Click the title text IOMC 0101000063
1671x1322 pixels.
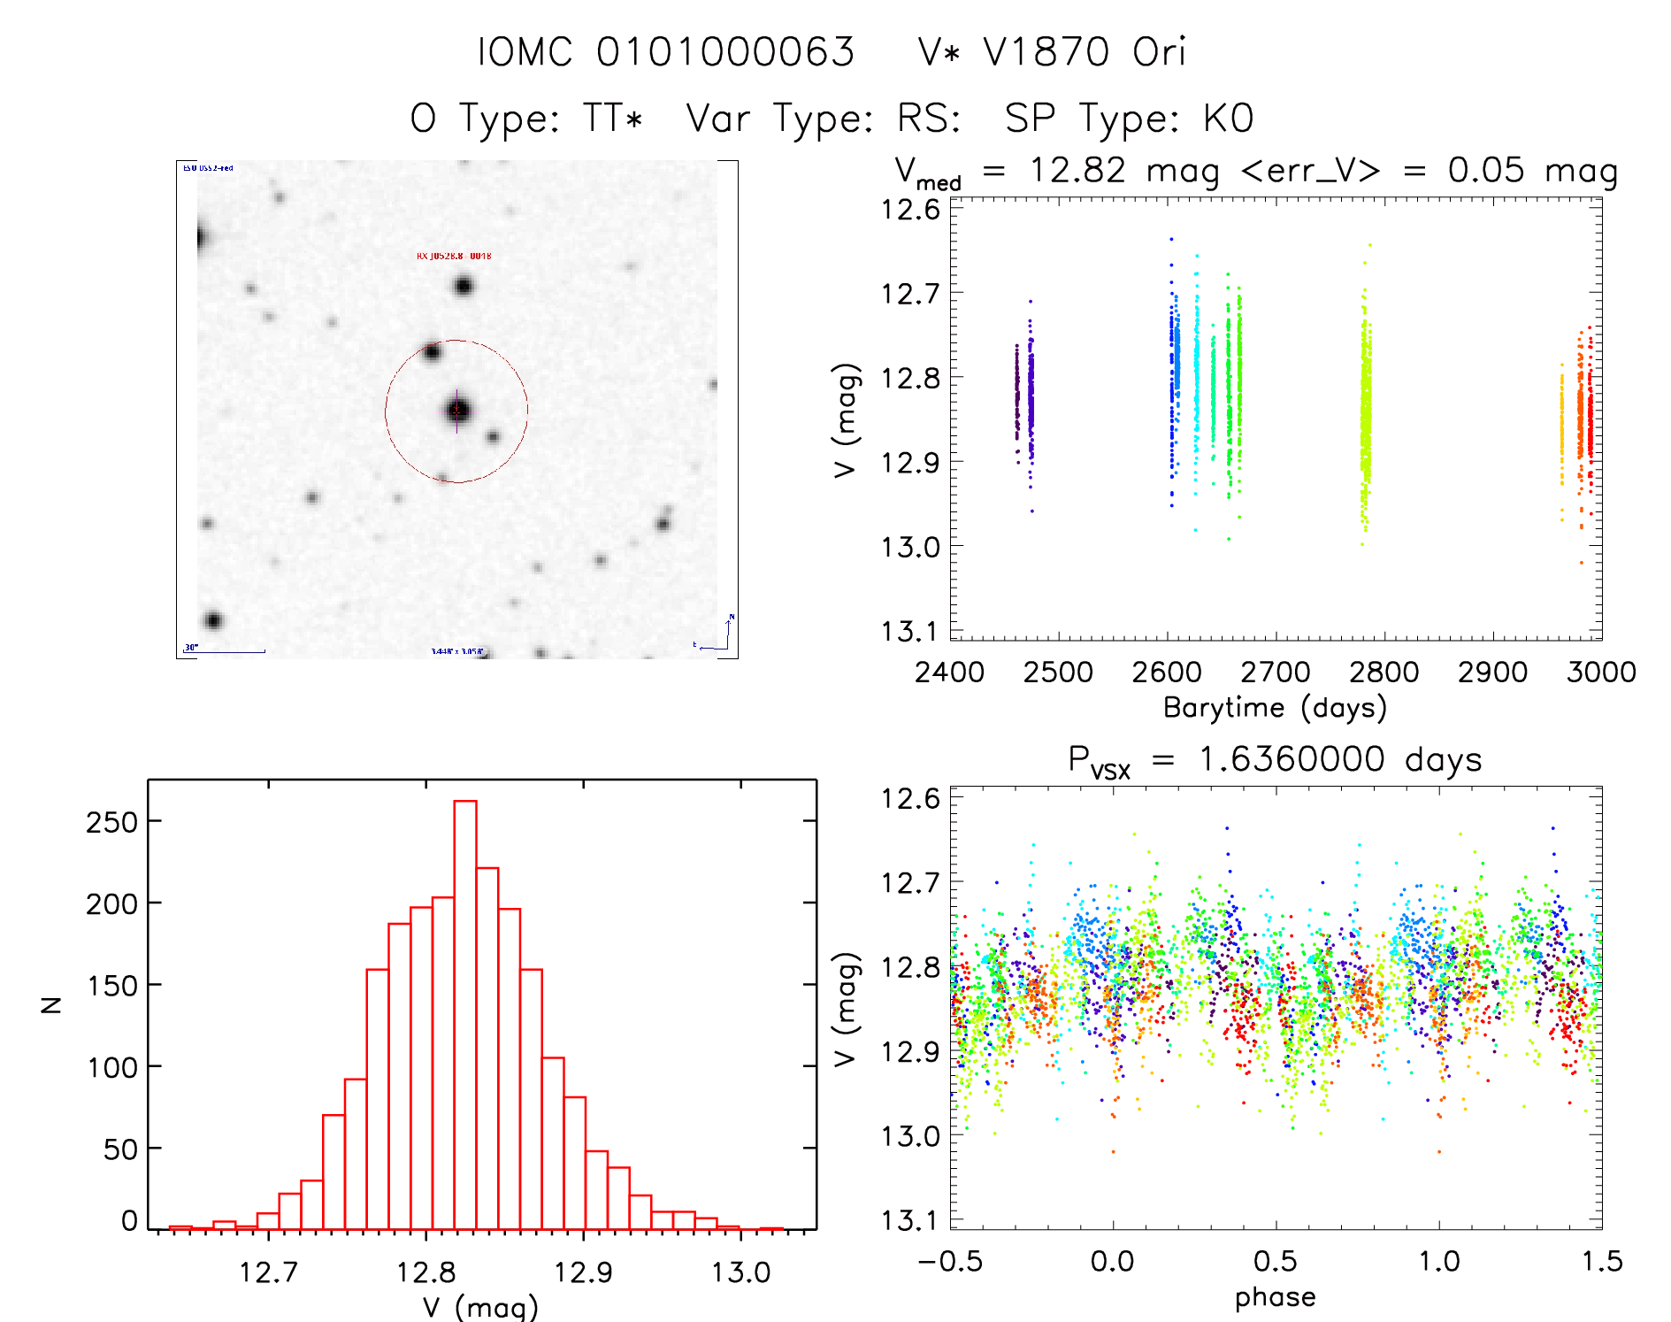point(666,52)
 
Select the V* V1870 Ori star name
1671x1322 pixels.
point(1052,52)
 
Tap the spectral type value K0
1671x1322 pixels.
point(1229,119)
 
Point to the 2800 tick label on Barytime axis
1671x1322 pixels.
point(1384,673)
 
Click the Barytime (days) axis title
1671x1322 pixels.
point(1275,708)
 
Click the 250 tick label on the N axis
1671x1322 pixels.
point(112,822)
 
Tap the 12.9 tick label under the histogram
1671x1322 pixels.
point(583,1272)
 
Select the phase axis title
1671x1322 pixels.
point(1275,1297)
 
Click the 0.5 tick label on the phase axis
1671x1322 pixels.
point(1275,1261)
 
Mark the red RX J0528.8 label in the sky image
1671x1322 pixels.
point(454,256)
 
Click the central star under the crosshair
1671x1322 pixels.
point(457,411)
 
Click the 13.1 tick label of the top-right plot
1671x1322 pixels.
point(910,631)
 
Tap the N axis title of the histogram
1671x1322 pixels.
point(51,1004)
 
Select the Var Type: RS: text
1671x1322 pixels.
point(824,119)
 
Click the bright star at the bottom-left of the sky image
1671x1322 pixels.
point(212,620)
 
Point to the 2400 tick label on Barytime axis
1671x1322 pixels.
point(949,673)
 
